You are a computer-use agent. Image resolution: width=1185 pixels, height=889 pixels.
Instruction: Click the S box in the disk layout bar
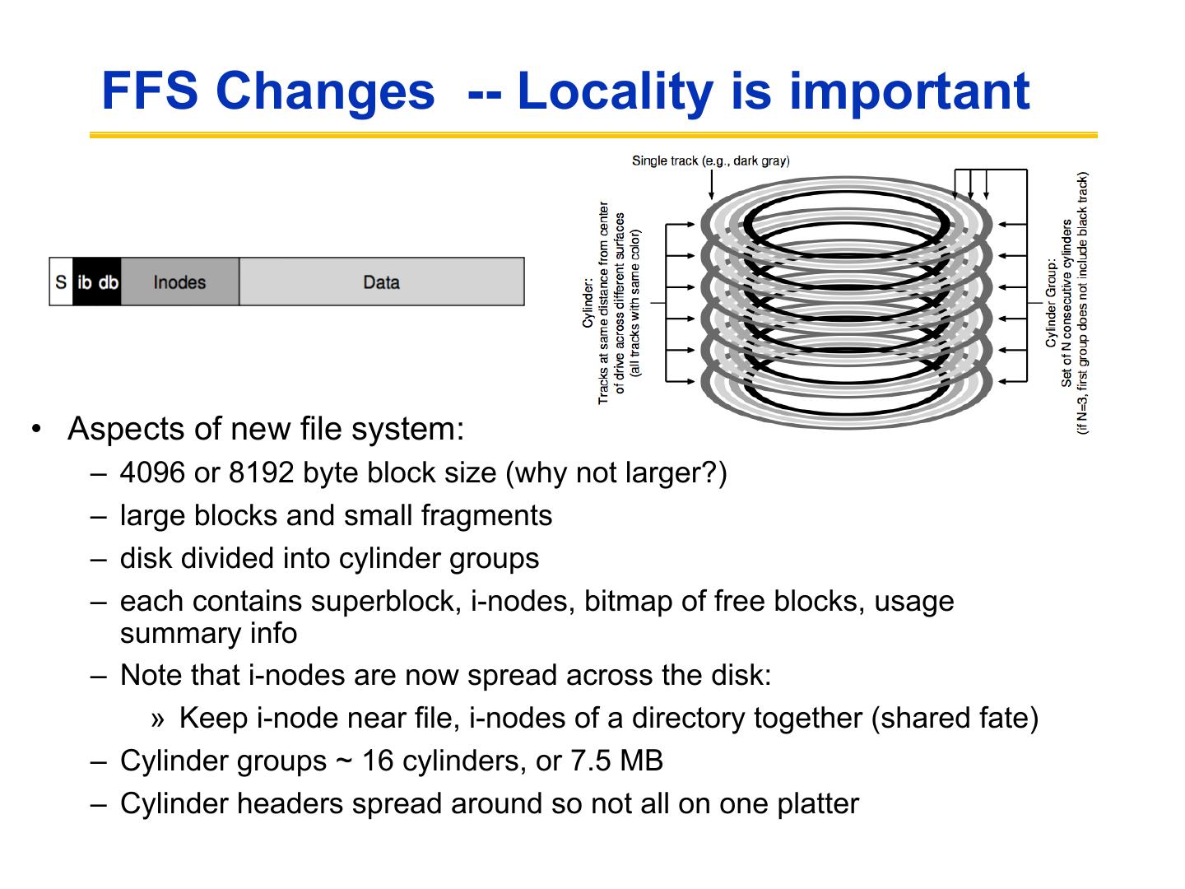click(61, 282)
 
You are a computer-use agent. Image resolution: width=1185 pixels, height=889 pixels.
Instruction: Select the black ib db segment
click(97, 282)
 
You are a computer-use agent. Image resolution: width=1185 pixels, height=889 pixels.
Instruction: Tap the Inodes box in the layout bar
click(179, 282)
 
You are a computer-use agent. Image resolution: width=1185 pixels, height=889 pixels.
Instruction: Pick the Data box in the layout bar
click(381, 282)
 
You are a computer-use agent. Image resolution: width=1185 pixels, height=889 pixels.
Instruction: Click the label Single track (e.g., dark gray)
click(710, 160)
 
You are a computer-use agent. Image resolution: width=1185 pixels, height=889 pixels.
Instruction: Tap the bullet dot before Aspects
click(35, 429)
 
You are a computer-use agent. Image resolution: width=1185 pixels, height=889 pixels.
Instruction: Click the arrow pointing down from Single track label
click(711, 185)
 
